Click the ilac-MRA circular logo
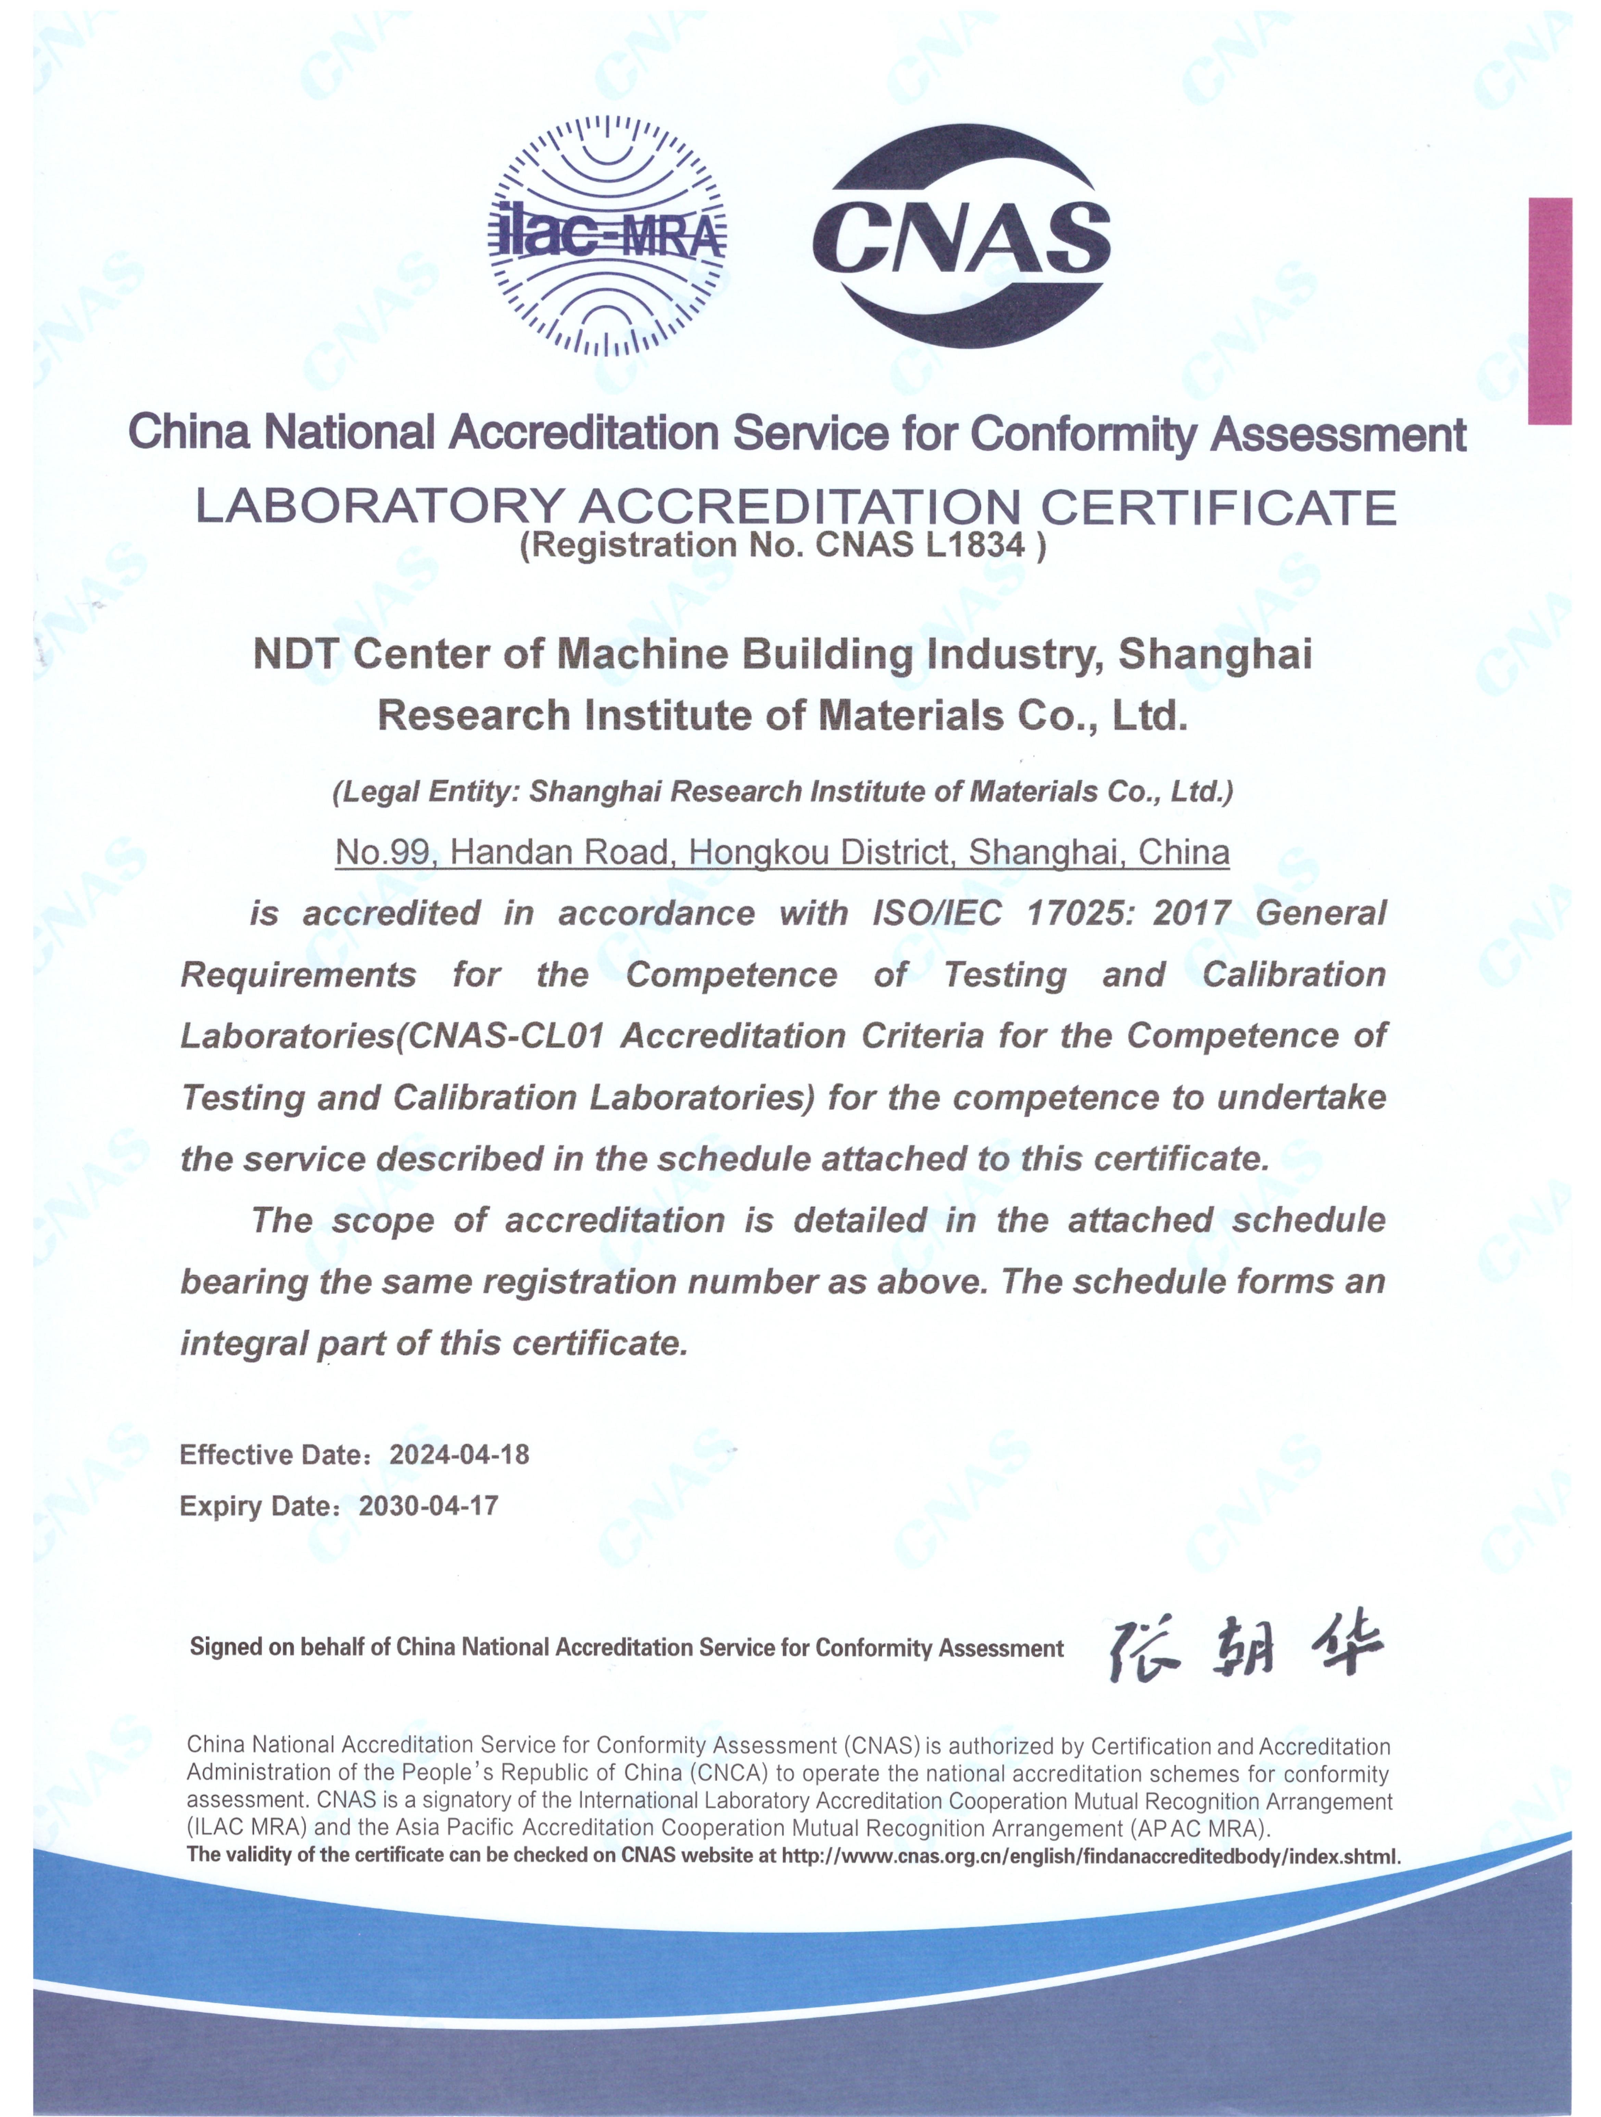607,235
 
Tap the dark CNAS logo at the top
961,235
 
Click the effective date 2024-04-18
459,1455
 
